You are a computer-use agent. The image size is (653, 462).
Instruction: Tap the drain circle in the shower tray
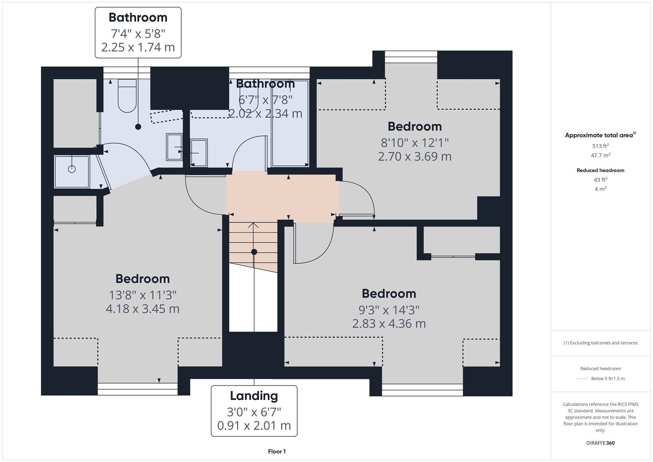(x=72, y=169)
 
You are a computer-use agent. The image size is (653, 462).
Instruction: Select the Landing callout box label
(x=254, y=396)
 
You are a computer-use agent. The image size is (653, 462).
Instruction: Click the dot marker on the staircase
(x=254, y=252)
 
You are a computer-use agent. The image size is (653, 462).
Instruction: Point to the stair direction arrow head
(x=254, y=225)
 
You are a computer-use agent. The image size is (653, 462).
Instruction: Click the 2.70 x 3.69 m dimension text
(x=414, y=157)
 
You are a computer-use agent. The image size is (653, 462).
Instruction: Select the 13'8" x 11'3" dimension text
(x=142, y=295)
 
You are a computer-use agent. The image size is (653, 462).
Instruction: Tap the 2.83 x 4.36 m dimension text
(x=389, y=324)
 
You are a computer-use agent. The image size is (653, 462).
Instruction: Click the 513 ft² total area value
(x=600, y=146)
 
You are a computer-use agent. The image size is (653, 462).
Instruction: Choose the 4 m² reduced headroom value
(x=600, y=189)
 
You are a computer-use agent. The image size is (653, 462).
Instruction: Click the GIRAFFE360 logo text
(x=600, y=443)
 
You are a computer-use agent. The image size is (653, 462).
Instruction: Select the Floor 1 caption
(x=277, y=451)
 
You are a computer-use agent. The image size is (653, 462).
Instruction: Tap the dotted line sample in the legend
(x=582, y=379)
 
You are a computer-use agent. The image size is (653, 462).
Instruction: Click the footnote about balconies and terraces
(x=600, y=343)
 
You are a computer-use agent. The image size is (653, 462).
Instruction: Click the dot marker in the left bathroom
(x=138, y=127)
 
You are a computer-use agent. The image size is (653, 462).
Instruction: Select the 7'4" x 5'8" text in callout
(x=138, y=33)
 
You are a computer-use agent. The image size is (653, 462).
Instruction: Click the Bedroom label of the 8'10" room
(x=414, y=127)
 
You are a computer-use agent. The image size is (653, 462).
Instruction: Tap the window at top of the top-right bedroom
(x=411, y=53)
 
